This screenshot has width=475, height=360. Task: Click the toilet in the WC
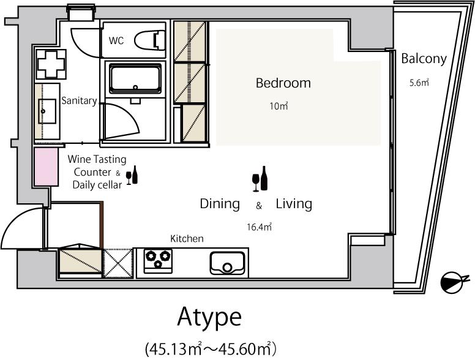coord(149,40)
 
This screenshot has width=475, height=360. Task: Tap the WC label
coord(116,40)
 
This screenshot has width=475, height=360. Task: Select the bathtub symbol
coord(135,78)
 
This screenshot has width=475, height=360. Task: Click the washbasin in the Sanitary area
coord(47,111)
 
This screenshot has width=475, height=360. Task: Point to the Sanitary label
coord(79,100)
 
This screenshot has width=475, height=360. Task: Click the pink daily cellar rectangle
coord(46,167)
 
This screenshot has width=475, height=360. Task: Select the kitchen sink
coord(227,263)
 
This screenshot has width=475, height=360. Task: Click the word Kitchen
coord(187,239)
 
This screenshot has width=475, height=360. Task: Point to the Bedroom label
coord(283,83)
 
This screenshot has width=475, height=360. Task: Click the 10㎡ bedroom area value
coord(279,106)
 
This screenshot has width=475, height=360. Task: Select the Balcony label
coord(424,59)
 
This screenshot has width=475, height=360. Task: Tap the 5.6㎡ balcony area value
coord(419,83)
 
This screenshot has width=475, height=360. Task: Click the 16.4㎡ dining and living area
coord(259,227)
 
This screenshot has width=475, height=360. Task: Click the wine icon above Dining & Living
coord(260,179)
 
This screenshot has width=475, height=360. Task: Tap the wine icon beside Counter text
coord(132,175)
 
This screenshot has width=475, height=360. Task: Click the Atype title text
coord(209,317)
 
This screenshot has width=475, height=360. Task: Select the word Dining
coord(220,204)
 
